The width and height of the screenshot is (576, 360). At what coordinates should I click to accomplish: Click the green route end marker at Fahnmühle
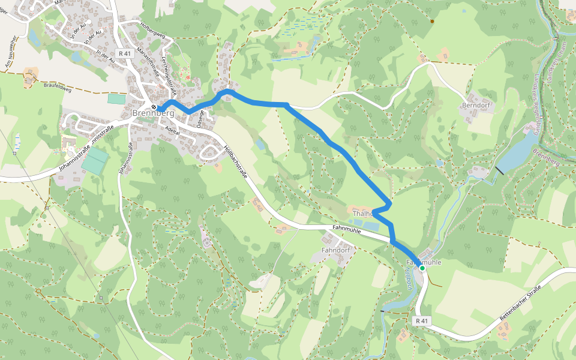click(422, 269)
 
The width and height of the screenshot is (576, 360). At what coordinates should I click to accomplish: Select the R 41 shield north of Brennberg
click(124, 53)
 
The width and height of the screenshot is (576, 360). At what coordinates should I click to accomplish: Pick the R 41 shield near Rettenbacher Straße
click(422, 321)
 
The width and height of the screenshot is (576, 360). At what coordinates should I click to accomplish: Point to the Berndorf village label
click(476, 105)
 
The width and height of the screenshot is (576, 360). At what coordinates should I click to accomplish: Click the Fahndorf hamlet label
click(335, 250)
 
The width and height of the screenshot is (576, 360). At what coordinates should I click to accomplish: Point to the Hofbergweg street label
click(152, 29)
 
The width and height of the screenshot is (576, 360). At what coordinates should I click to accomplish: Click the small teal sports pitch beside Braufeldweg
click(116, 98)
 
